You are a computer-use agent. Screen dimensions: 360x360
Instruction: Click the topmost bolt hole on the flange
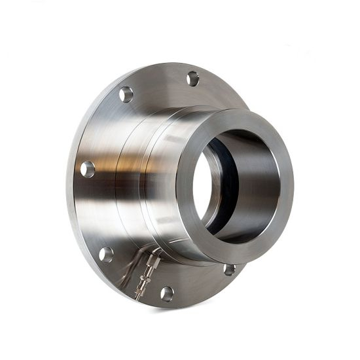(x=192, y=79)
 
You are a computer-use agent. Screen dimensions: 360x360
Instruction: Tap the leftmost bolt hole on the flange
(x=87, y=169)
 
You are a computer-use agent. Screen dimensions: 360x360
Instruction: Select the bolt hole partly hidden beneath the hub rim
(x=229, y=269)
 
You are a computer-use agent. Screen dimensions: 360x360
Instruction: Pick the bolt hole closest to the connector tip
(x=167, y=293)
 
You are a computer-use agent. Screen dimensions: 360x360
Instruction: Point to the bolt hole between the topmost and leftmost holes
(x=126, y=94)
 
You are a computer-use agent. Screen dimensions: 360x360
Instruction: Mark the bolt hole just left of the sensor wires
(x=105, y=254)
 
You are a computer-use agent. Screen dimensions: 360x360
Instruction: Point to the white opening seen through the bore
(x=203, y=187)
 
